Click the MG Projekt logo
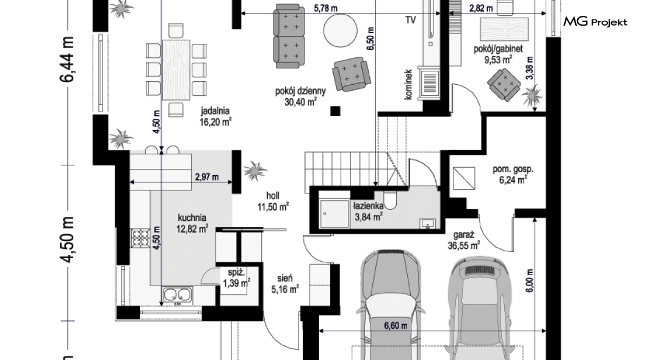pos(595,21)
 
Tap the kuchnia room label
pos(192,217)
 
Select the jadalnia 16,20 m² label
pos(215,117)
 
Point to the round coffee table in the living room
pos(341,31)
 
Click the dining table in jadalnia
pos(176,70)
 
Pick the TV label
pos(410,20)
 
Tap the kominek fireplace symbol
pos(430,84)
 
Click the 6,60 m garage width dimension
pos(396,326)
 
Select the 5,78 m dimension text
pos(325,9)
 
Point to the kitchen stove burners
pos(140,238)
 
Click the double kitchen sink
pos(178,295)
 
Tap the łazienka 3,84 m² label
pos(369,211)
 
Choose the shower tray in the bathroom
pos(334,214)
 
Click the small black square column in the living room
pos(335,110)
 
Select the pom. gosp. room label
pos(513,168)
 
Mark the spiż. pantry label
pos(236,272)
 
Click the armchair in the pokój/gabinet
pos(504,85)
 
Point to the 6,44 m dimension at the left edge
pos(68,59)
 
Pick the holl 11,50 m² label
pos(273,201)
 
